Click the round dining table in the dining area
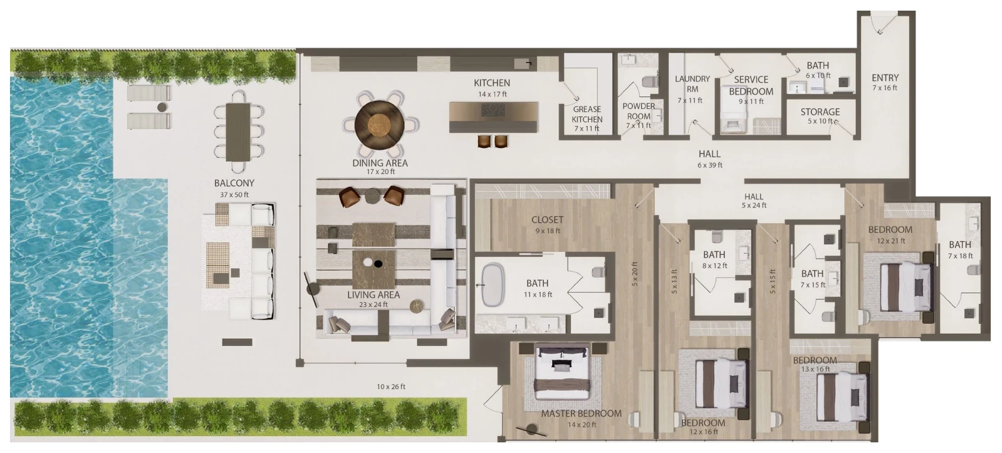click(x=379, y=125)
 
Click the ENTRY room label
click(x=885, y=78)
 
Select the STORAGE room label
click(x=820, y=112)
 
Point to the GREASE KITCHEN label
click(x=587, y=114)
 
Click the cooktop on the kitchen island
click(x=493, y=110)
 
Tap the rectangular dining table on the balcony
click(x=238, y=132)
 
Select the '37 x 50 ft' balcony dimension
click(x=234, y=194)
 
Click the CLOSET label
click(x=547, y=219)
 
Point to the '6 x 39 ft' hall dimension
click(x=709, y=165)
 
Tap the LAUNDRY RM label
click(x=692, y=83)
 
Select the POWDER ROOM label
click(x=639, y=111)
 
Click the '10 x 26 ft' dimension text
click(x=391, y=387)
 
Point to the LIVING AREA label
click(x=373, y=294)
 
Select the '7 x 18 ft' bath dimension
click(x=960, y=256)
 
